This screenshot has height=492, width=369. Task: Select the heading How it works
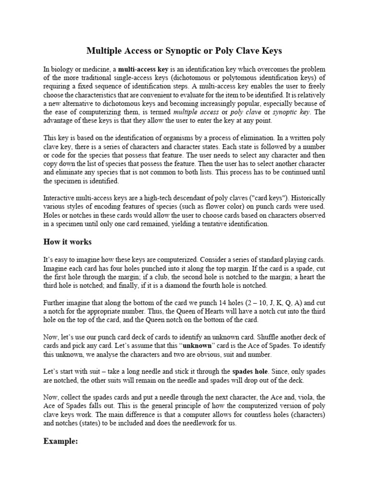click(67, 241)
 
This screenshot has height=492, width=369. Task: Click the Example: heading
click(61, 441)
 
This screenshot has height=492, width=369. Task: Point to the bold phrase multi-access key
click(143, 69)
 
